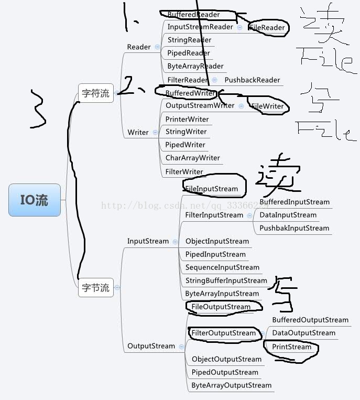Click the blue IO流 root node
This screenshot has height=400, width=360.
[x=35, y=200]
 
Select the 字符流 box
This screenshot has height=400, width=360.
[x=96, y=93]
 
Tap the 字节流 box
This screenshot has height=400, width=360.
[x=96, y=287]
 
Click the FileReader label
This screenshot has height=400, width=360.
[x=268, y=27]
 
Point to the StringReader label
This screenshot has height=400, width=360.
[x=189, y=40]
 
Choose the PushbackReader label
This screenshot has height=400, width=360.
[x=252, y=80]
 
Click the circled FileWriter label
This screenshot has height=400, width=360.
[x=267, y=106]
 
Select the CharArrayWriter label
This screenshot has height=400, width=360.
[x=192, y=158]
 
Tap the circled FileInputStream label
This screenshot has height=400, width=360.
[x=211, y=189]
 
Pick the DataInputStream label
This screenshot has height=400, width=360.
[x=288, y=215]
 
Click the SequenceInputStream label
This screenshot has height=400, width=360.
[x=222, y=267]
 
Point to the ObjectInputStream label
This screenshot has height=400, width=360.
[x=217, y=241]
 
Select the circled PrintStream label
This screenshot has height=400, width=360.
[x=291, y=347]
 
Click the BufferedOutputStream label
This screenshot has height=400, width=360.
[x=310, y=320]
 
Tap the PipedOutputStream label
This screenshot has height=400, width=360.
[x=225, y=372]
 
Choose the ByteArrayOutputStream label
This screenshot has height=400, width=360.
[x=231, y=385]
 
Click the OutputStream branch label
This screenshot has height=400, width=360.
[x=151, y=346]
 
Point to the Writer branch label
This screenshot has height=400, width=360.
[x=138, y=132]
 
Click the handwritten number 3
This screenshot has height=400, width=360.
[x=37, y=109]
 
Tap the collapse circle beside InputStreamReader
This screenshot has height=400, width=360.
[x=239, y=27]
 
